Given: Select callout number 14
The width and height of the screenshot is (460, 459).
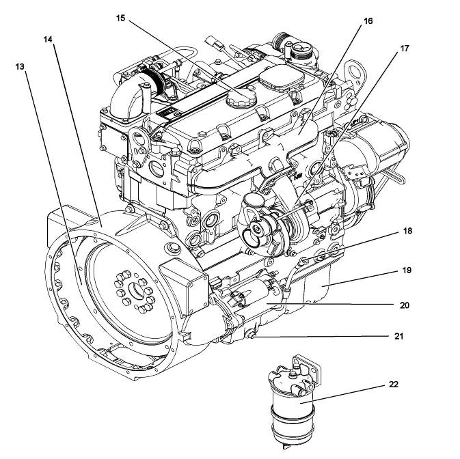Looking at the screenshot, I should (x=49, y=39).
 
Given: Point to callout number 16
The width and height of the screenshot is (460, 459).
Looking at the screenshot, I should (x=368, y=21).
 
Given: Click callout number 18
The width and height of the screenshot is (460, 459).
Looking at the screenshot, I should (x=408, y=232).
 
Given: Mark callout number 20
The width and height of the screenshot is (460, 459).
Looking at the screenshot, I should (x=405, y=305).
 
